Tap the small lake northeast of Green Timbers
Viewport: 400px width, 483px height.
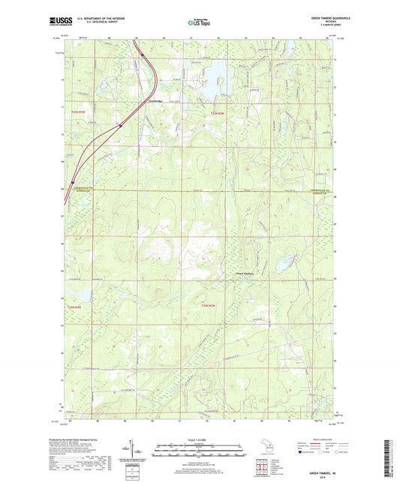point(284,264)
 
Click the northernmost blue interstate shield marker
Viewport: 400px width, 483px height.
point(142,54)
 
